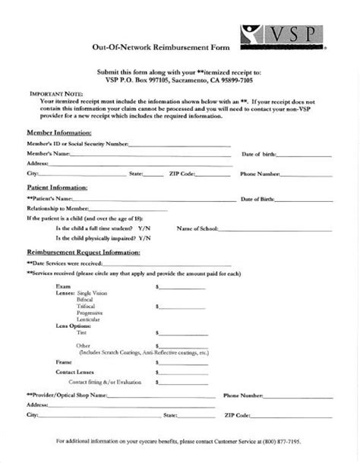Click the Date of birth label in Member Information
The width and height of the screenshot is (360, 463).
tap(258, 153)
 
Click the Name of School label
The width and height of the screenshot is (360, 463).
tap(198, 228)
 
